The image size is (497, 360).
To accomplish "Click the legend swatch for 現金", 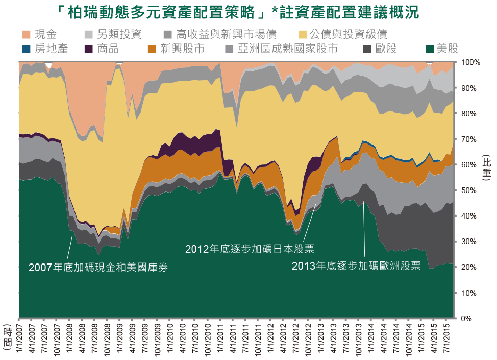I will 27,35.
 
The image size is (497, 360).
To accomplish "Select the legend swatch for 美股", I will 429,49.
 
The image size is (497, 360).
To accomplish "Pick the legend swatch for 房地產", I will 27,49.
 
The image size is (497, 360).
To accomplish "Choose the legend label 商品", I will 107,49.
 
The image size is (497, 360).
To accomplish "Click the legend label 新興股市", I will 182,49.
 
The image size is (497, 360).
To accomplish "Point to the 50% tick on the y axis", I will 468,190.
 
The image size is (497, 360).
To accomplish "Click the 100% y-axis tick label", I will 470,62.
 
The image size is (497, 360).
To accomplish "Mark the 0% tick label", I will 466,319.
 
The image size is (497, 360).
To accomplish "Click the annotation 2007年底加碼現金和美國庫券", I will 98,267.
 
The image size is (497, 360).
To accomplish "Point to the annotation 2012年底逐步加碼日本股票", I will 250,249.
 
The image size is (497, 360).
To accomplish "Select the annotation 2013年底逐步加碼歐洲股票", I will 356,266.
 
